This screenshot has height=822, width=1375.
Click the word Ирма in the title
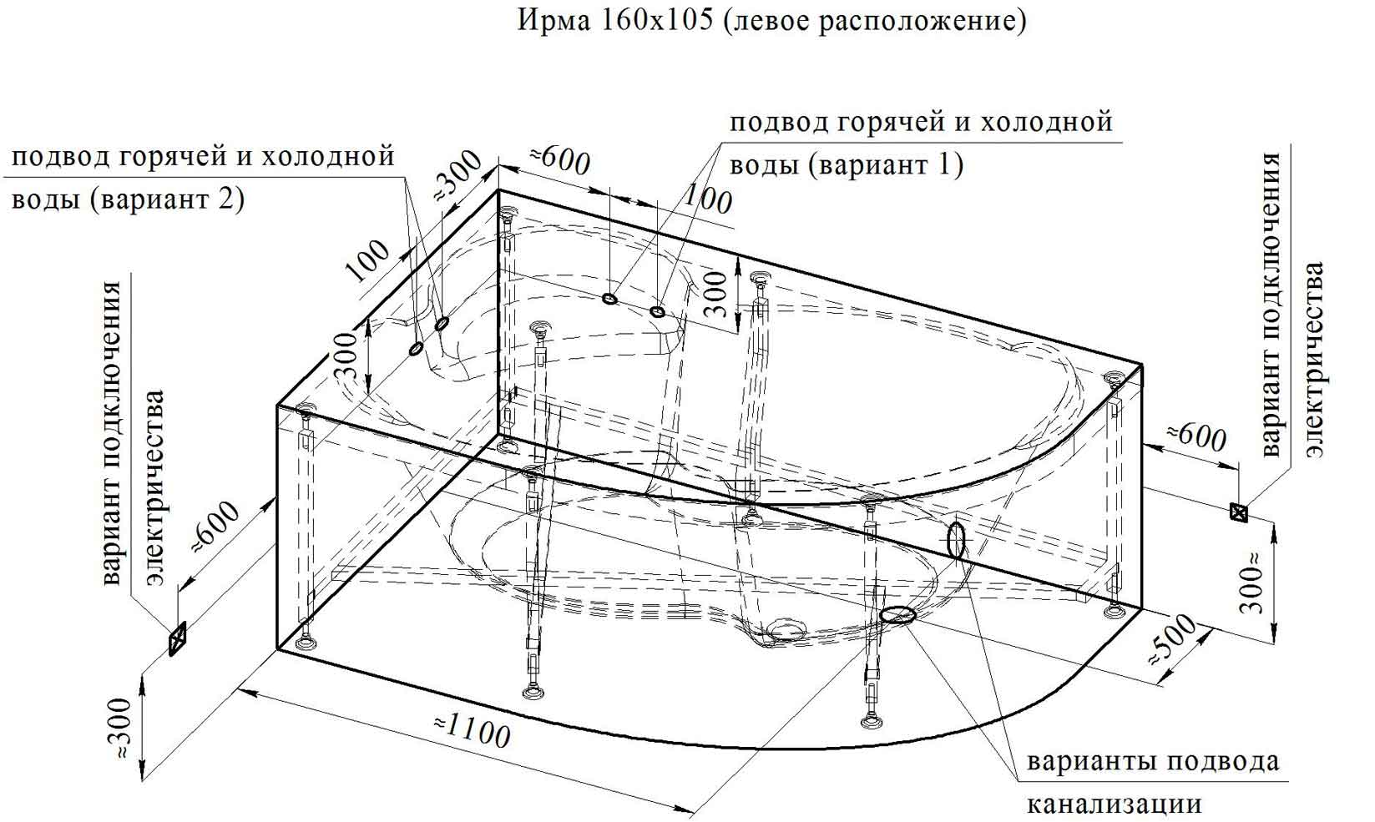pos(554,20)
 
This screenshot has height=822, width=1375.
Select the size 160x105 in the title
pos(657,20)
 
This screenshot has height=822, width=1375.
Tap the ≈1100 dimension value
pos(472,729)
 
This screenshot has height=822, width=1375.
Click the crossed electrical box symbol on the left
pos(177,638)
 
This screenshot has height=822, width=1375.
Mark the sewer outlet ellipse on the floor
pos(897,614)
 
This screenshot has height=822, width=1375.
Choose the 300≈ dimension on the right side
pos(1252,583)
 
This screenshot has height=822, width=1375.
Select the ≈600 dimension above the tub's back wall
pos(559,161)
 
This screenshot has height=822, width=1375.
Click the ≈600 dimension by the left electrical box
pos(216,527)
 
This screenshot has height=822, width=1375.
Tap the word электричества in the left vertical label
pos(155,487)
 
